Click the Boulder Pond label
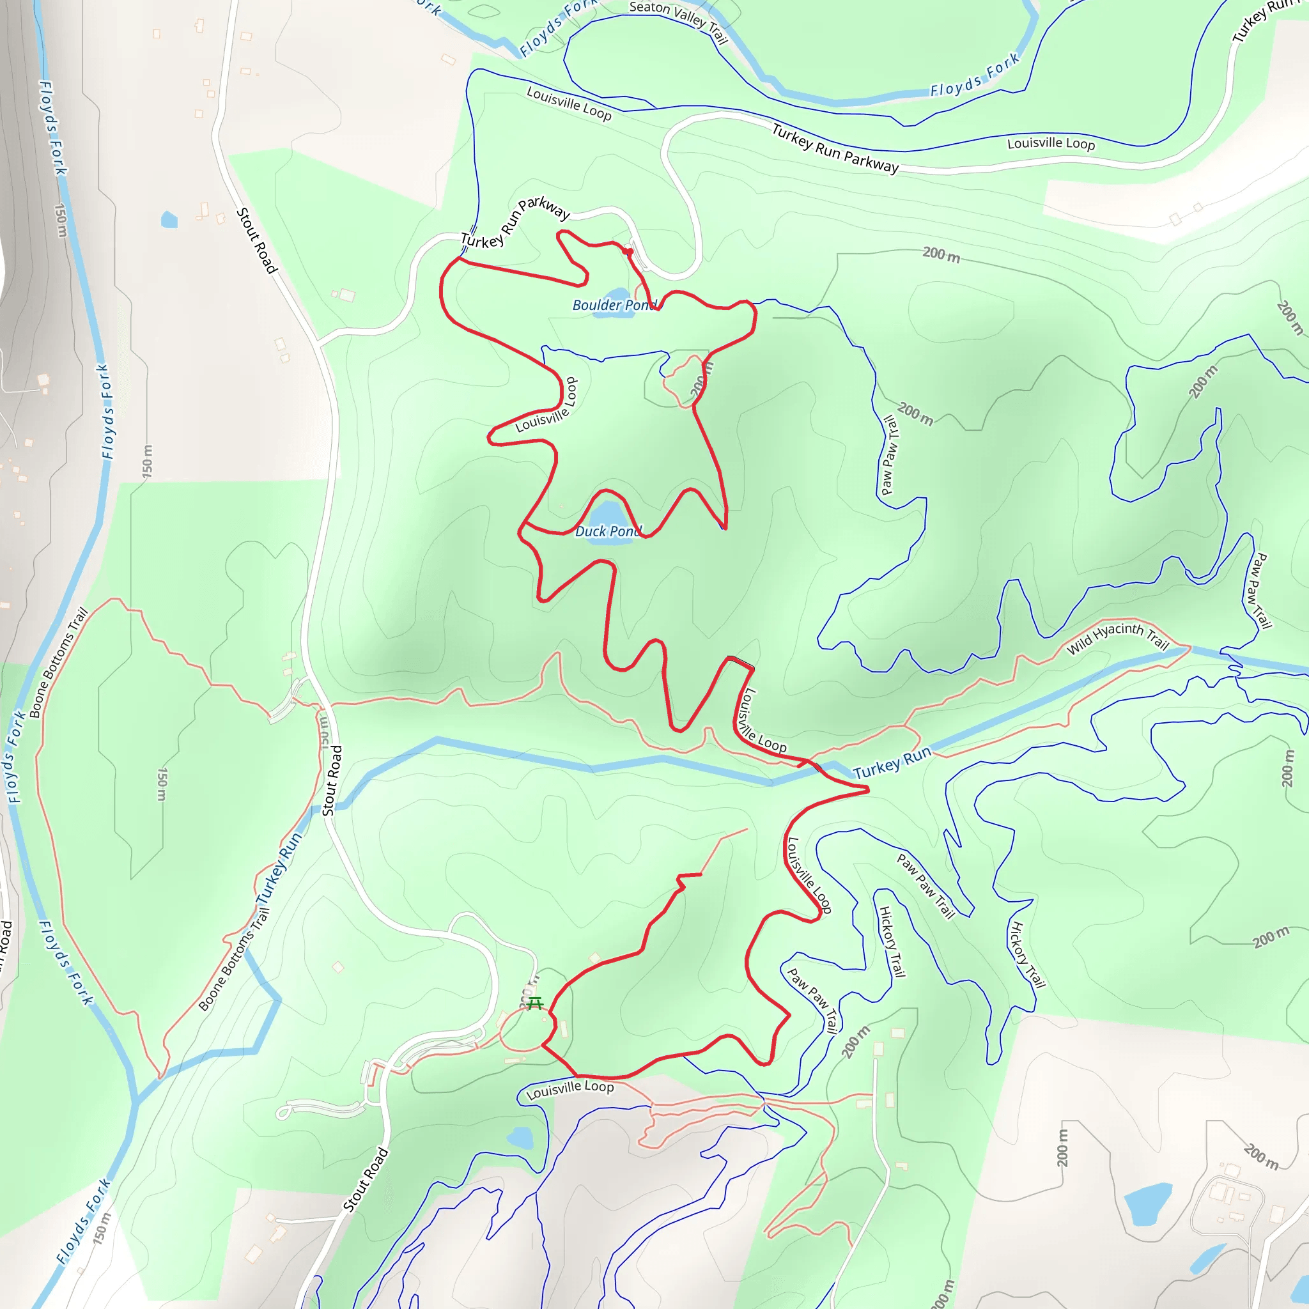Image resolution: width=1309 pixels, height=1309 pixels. click(614, 306)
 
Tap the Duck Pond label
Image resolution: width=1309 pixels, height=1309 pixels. click(608, 532)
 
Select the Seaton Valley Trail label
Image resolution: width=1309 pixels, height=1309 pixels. click(678, 21)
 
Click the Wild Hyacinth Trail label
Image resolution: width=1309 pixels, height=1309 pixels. click(1117, 637)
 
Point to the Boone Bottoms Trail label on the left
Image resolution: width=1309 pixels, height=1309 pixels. click(59, 663)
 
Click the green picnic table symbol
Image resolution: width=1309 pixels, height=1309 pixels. click(534, 1003)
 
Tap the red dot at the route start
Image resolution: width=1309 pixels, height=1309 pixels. click(629, 251)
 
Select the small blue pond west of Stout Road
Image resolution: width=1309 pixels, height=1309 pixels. click(169, 219)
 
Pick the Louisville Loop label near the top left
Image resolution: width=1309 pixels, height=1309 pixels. click(568, 104)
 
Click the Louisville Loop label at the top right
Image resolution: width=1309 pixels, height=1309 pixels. click(1050, 144)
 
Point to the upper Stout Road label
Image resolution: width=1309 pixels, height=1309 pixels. click(257, 240)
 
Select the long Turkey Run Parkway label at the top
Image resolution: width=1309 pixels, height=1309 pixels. click(835, 148)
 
